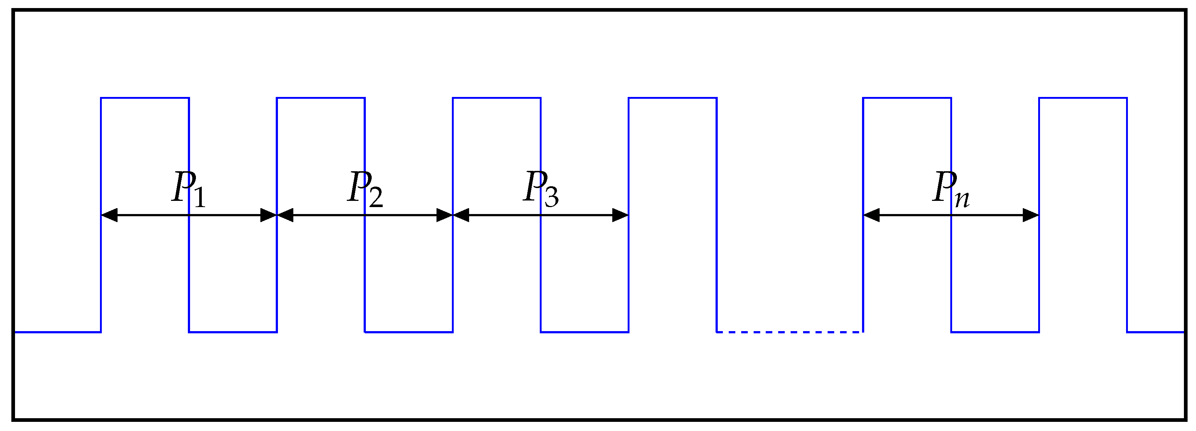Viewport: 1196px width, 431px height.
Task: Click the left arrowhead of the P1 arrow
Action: pos(109,215)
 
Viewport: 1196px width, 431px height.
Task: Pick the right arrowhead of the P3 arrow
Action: pos(620,215)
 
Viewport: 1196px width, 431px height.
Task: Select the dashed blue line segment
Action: pos(789,332)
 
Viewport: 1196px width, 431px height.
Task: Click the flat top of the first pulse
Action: pos(145,98)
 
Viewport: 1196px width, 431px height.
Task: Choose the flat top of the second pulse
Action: pos(321,98)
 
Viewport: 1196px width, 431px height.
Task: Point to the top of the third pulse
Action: pos(497,98)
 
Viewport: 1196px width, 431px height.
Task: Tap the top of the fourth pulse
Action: pos(673,98)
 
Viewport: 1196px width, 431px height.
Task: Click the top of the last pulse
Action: pos(1083,98)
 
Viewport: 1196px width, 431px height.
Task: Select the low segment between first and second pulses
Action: pos(233,332)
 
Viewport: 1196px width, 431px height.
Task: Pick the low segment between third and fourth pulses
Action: pos(584,332)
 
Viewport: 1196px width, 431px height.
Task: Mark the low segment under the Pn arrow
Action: pos(995,332)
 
